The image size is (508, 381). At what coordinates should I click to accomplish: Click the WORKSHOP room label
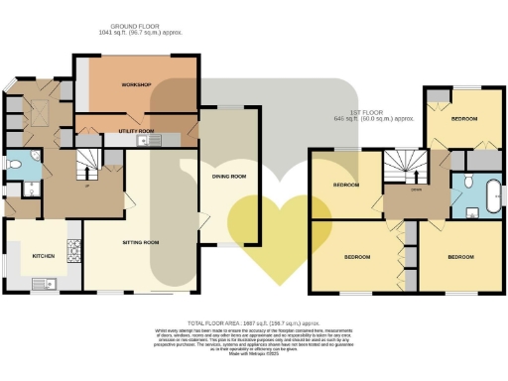pos(135,86)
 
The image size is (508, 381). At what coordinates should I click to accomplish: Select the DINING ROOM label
pos(228,178)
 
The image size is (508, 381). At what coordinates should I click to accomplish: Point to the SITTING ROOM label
pos(140,242)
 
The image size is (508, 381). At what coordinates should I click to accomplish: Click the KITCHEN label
pos(43,256)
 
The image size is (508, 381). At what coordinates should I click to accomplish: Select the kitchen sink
pos(41,285)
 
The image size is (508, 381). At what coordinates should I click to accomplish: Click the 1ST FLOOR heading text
pos(375,118)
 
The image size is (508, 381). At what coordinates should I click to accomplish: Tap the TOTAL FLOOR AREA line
pos(253,322)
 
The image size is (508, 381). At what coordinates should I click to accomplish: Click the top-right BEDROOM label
pos(463,118)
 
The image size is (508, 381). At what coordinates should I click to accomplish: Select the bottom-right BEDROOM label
pos(459,257)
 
